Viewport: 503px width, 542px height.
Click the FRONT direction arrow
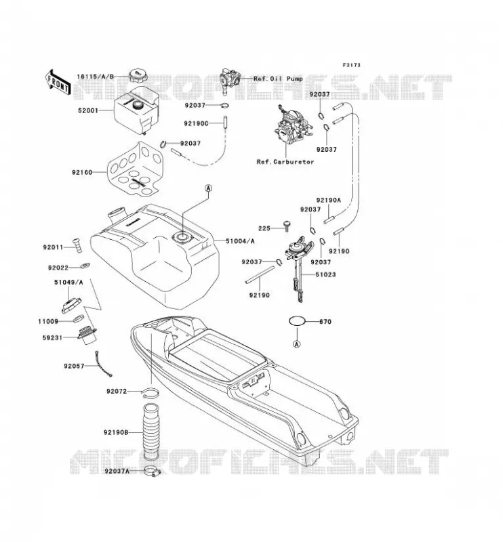click(58, 82)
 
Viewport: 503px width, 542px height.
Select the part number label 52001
click(88, 110)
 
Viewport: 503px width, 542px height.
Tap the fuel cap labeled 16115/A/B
click(138, 76)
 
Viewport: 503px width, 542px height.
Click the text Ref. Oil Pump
click(278, 79)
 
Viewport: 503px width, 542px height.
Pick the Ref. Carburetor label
click(285, 162)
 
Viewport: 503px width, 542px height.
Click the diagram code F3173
click(351, 65)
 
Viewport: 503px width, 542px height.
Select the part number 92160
click(82, 172)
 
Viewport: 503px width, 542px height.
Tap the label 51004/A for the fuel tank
click(240, 241)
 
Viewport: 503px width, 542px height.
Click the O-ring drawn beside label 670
click(297, 321)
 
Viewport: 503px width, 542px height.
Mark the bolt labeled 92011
click(77, 245)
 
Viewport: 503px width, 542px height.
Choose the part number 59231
click(53, 337)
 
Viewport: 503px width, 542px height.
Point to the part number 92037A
click(117, 471)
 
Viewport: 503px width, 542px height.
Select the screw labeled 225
click(287, 225)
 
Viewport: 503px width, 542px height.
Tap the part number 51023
click(325, 274)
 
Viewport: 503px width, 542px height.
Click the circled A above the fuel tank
click(208, 188)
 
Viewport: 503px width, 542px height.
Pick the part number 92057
click(74, 366)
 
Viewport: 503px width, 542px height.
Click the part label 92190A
click(329, 200)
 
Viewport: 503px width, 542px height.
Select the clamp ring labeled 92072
click(150, 393)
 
